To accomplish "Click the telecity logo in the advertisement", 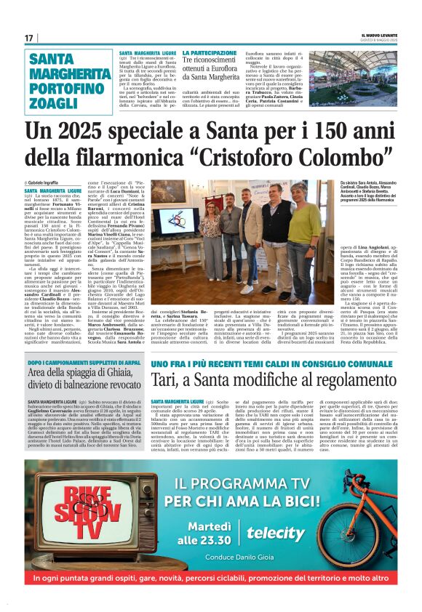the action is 276,533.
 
